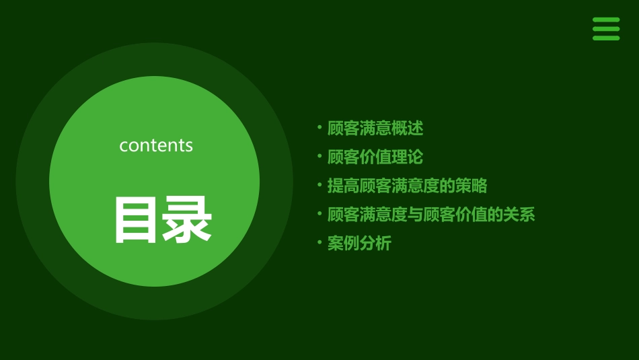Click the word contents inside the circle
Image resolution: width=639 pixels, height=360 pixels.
[156, 145]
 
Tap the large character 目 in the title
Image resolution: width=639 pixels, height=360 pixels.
[137, 220]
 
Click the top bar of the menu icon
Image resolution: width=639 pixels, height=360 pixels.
[606, 20]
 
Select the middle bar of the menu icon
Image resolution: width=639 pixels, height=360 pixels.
[606, 29]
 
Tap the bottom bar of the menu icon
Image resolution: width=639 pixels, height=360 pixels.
[606, 38]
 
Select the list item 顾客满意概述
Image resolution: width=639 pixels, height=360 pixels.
[375, 128]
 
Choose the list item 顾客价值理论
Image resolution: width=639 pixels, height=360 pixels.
[375, 157]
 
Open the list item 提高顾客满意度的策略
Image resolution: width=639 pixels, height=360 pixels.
[407, 186]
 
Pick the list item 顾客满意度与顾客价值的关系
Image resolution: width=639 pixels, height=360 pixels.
[430, 215]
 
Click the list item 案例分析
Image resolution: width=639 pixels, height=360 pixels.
[359, 244]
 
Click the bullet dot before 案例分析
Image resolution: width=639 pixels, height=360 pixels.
[319, 242]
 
